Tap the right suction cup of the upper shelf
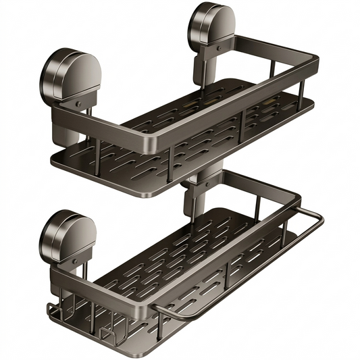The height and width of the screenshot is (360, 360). (210, 26)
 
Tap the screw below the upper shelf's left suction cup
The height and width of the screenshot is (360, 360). (78, 104)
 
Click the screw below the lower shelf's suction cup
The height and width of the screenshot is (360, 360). (76, 265)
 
